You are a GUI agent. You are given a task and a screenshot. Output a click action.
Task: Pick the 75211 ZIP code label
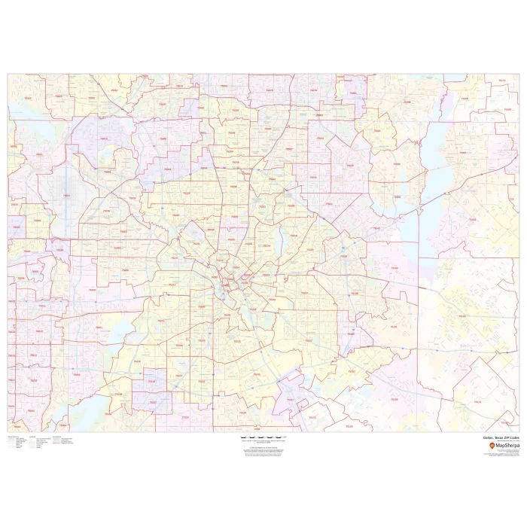pyautogui.click(x=175, y=285)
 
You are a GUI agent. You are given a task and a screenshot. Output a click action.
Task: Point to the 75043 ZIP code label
pyautogui.click(x=376, y=228)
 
